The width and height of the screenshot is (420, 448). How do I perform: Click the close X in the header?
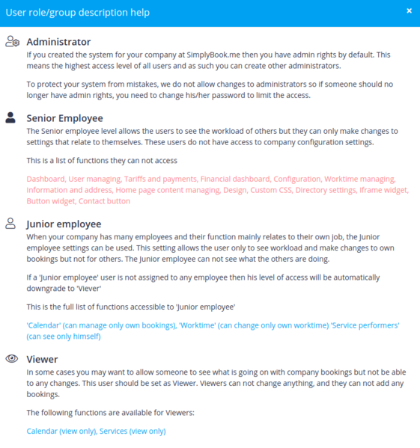coord(409,11)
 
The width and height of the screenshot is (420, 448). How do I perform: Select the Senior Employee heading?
coord(64,117)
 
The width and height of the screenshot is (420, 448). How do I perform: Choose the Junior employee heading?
coord(64,223)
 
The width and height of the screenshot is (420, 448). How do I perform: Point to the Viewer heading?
coord(42,359)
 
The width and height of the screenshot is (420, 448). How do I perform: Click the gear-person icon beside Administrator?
coord(12,42)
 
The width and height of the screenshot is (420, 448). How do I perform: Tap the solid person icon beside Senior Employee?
coord(11,117)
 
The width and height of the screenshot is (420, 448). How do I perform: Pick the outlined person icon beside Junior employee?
coord(11,223)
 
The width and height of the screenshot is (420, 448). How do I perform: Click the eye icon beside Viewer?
coord(11,359)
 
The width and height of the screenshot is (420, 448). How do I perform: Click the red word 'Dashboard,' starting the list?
coord(46,179)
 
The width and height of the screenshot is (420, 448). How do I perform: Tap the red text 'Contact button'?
coord(104,201)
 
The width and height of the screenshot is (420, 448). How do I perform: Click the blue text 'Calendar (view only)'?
coord(61,431)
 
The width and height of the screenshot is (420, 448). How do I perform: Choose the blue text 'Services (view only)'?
coord(133,431)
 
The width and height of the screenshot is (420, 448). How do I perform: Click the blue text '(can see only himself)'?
coord(64,337)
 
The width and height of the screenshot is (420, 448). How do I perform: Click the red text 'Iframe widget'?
coord(383,190)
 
